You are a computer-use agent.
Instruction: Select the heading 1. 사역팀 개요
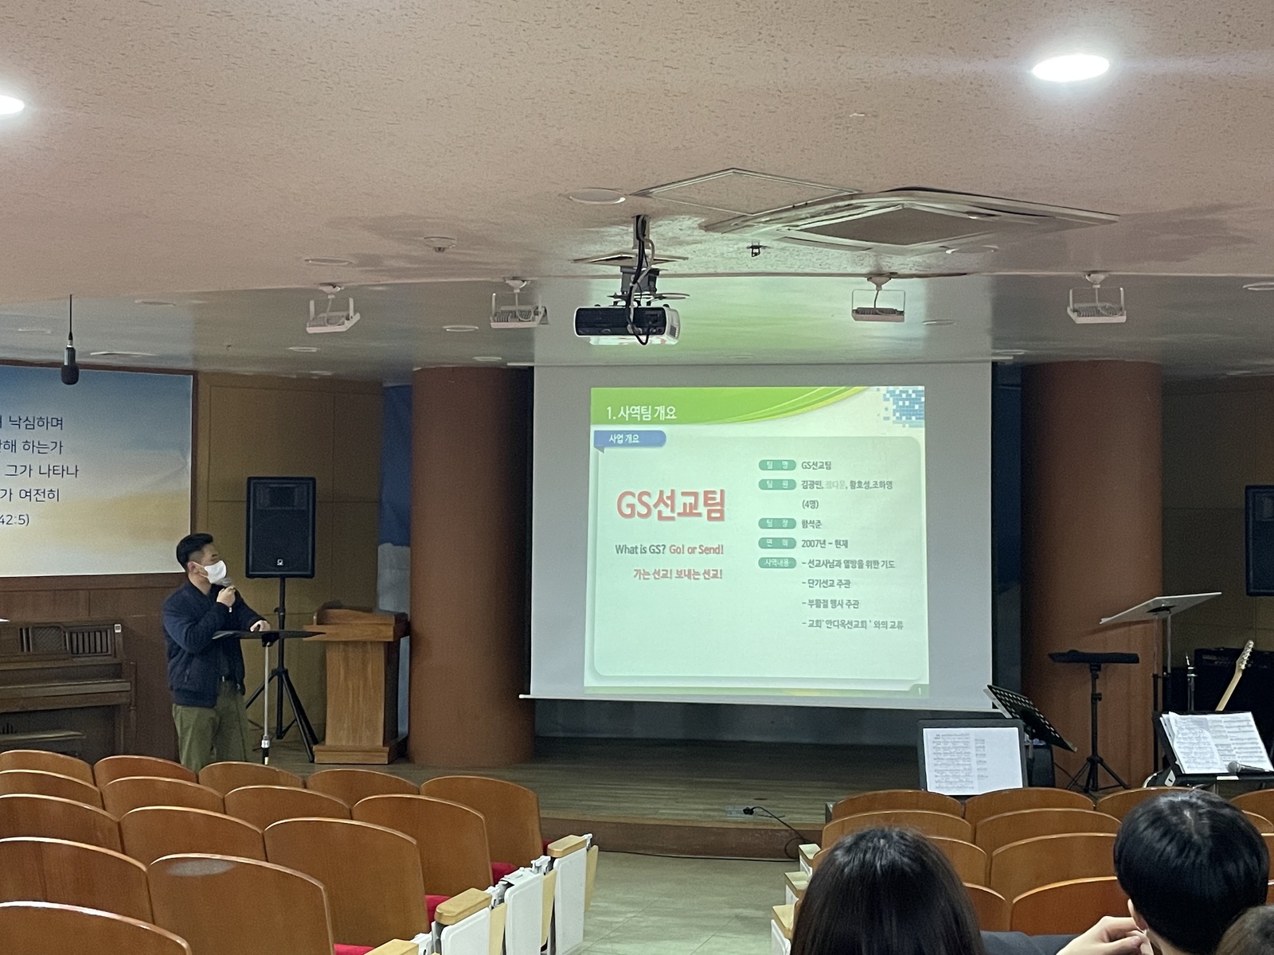tap(641, 412)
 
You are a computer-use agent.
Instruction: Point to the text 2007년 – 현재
tap(825, 544)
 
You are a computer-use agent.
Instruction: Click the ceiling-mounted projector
tap(627, 323)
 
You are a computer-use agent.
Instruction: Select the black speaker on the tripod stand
tap(280, 527)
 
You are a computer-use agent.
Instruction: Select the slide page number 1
tap(920, 691)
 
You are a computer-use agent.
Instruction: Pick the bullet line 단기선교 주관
tap(831, 584)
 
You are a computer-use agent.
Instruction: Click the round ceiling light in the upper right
tap(1069, 68)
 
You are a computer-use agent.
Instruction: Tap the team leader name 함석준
tap(812, 524)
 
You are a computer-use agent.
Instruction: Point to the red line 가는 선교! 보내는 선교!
tap(678, 573)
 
